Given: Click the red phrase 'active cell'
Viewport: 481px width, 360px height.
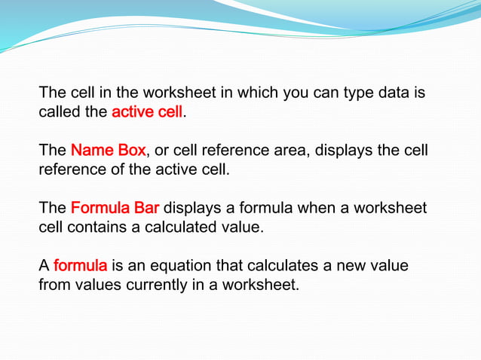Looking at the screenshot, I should click(x=147, y=113).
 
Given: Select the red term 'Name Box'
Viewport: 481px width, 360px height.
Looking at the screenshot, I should click(x=108, y=151).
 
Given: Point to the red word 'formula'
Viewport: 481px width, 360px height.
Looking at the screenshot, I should click(x=81, y=265).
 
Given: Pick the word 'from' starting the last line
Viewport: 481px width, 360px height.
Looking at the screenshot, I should click(x=53, y=284).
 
